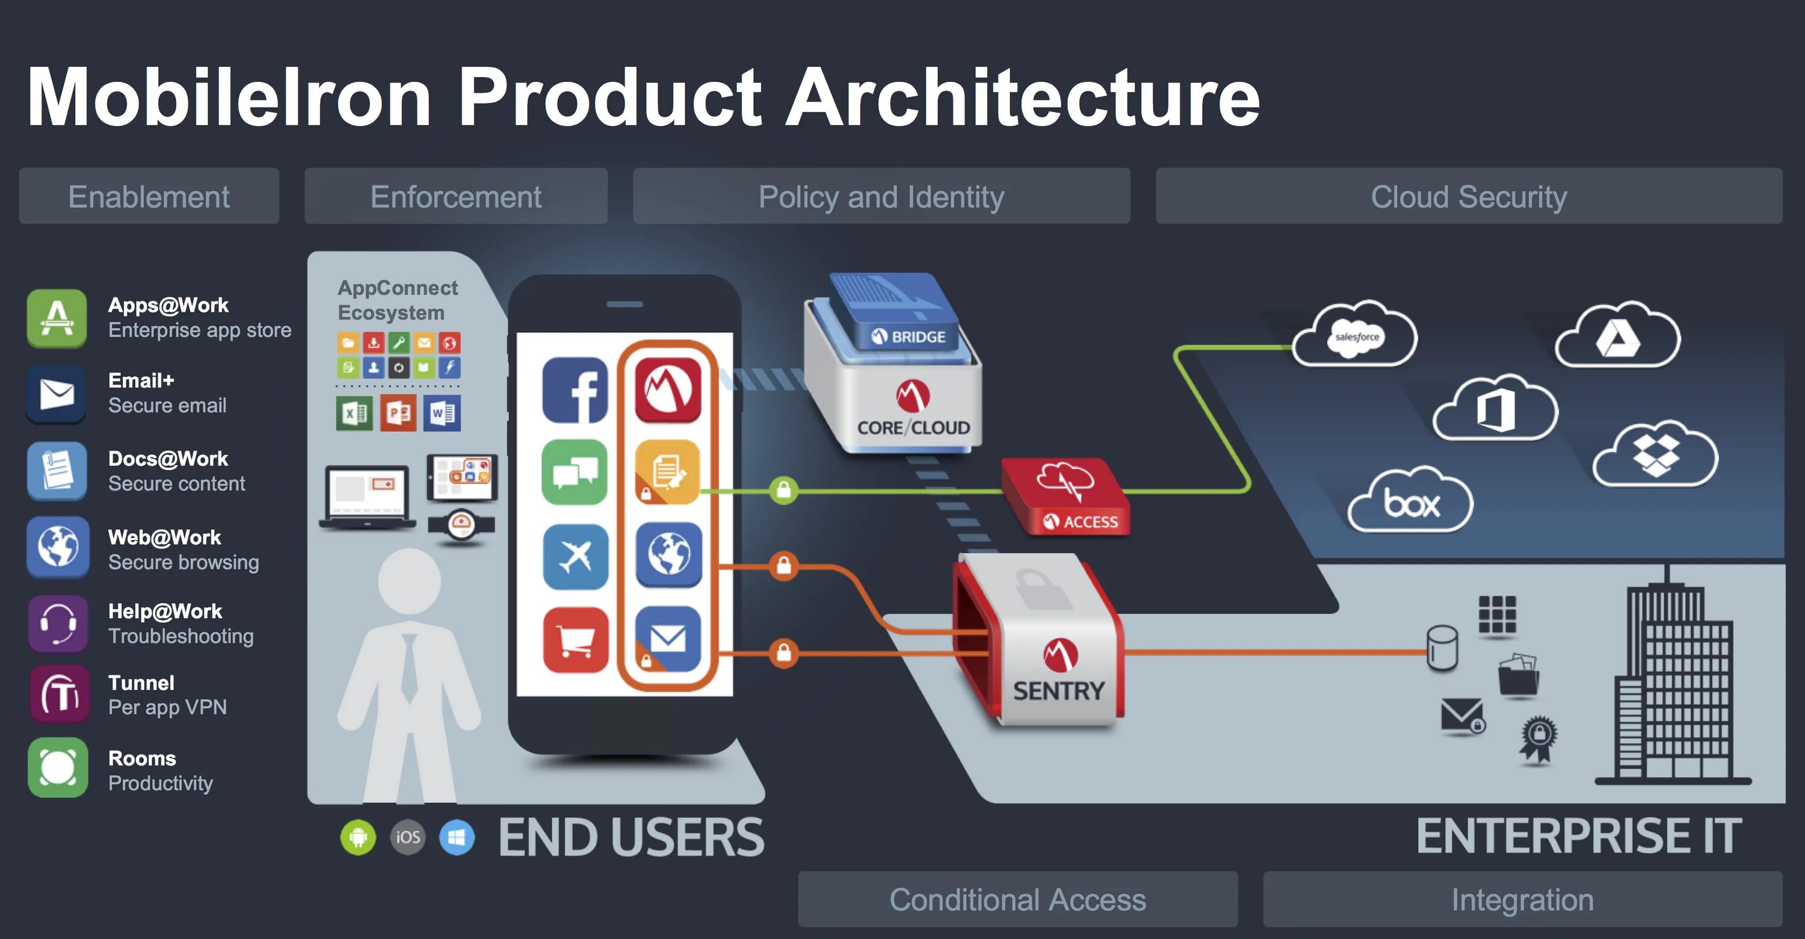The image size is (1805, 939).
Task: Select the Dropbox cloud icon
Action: pos(1655,455)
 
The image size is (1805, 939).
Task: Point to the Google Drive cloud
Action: pos(1617,337)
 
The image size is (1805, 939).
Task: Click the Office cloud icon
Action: pos(1495,409)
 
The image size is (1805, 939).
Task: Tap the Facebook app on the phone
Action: pos(575,390)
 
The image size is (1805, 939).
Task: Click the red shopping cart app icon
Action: pos(575,640)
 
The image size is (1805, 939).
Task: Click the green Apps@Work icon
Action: pos(57,319)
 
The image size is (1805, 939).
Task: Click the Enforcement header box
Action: pos(455,196)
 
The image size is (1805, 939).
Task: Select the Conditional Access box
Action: pos(1017,899)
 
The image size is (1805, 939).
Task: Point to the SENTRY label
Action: pos(1058,691)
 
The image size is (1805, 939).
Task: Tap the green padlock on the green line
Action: pos(783,490)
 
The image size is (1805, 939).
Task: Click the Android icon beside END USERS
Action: pos(358,837)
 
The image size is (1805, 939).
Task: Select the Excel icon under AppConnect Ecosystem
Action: pos(354,413)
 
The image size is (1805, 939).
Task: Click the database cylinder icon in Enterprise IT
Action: pos(1442,648)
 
